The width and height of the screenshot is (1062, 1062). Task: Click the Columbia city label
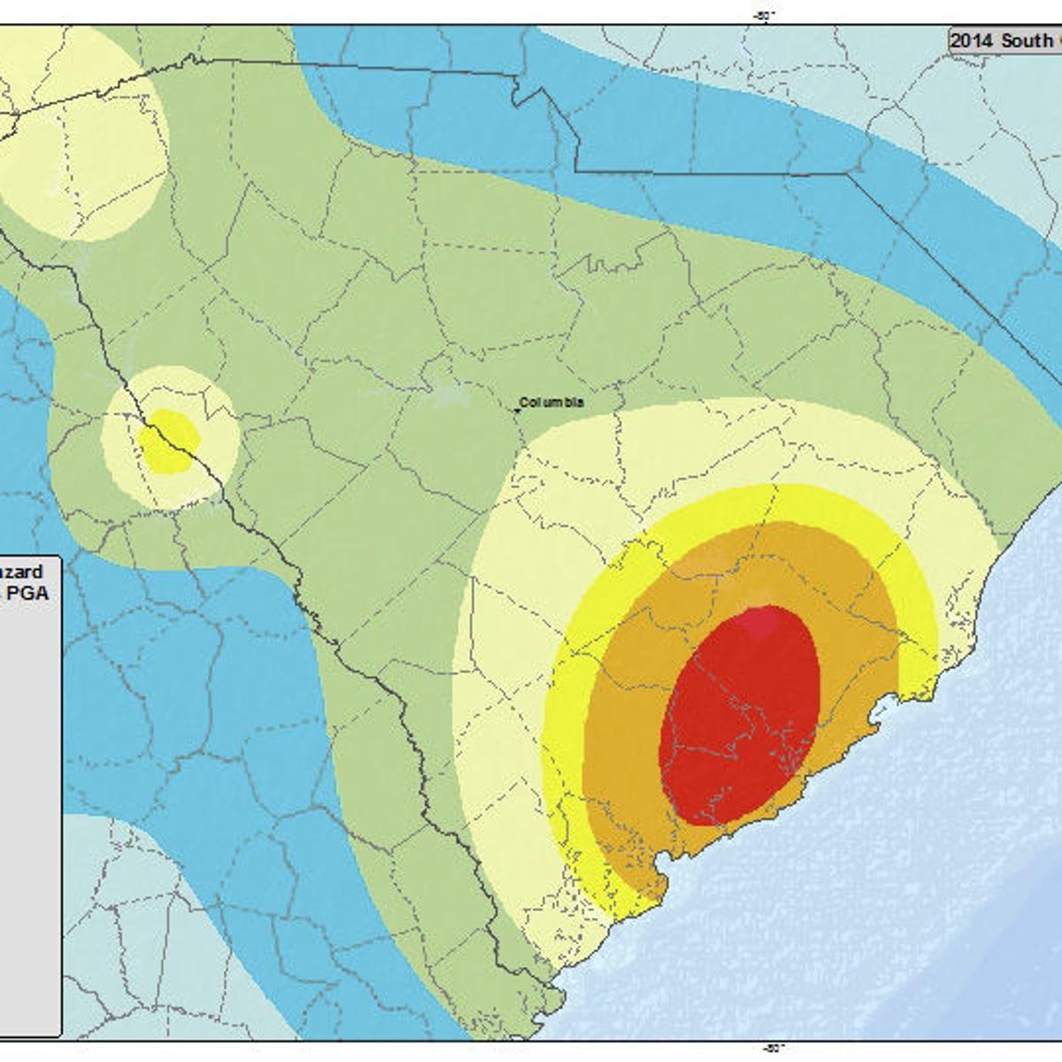[552, 402]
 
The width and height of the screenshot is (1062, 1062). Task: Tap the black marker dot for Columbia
[518, 410]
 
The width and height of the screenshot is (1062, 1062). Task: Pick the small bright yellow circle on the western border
[168, 442]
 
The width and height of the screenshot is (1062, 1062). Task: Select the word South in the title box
[1027, 41]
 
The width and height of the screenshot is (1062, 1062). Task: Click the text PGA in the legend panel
[28, 594]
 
